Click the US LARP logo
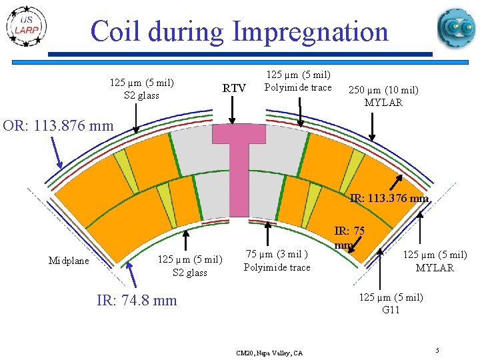pyautogui.click(x=26, y=27)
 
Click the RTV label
pyautogui.click(x=234, y=89)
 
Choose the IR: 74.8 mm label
pyautogui.click(x=137, y=301)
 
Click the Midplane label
pyautogui.click(x=69, y=261)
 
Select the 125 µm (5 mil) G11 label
pyautogui.click(x=391, y=303)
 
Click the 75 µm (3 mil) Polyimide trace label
pyautogui.click(x=277, y=261)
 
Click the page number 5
pyautogui.click(x=436, y=350)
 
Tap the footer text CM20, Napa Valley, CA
pyautogui.click(x=269, y=353)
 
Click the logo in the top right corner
pyautogui.click(x=456, y=27)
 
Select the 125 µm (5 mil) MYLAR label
pyautogui.click(x=435, y=261)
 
